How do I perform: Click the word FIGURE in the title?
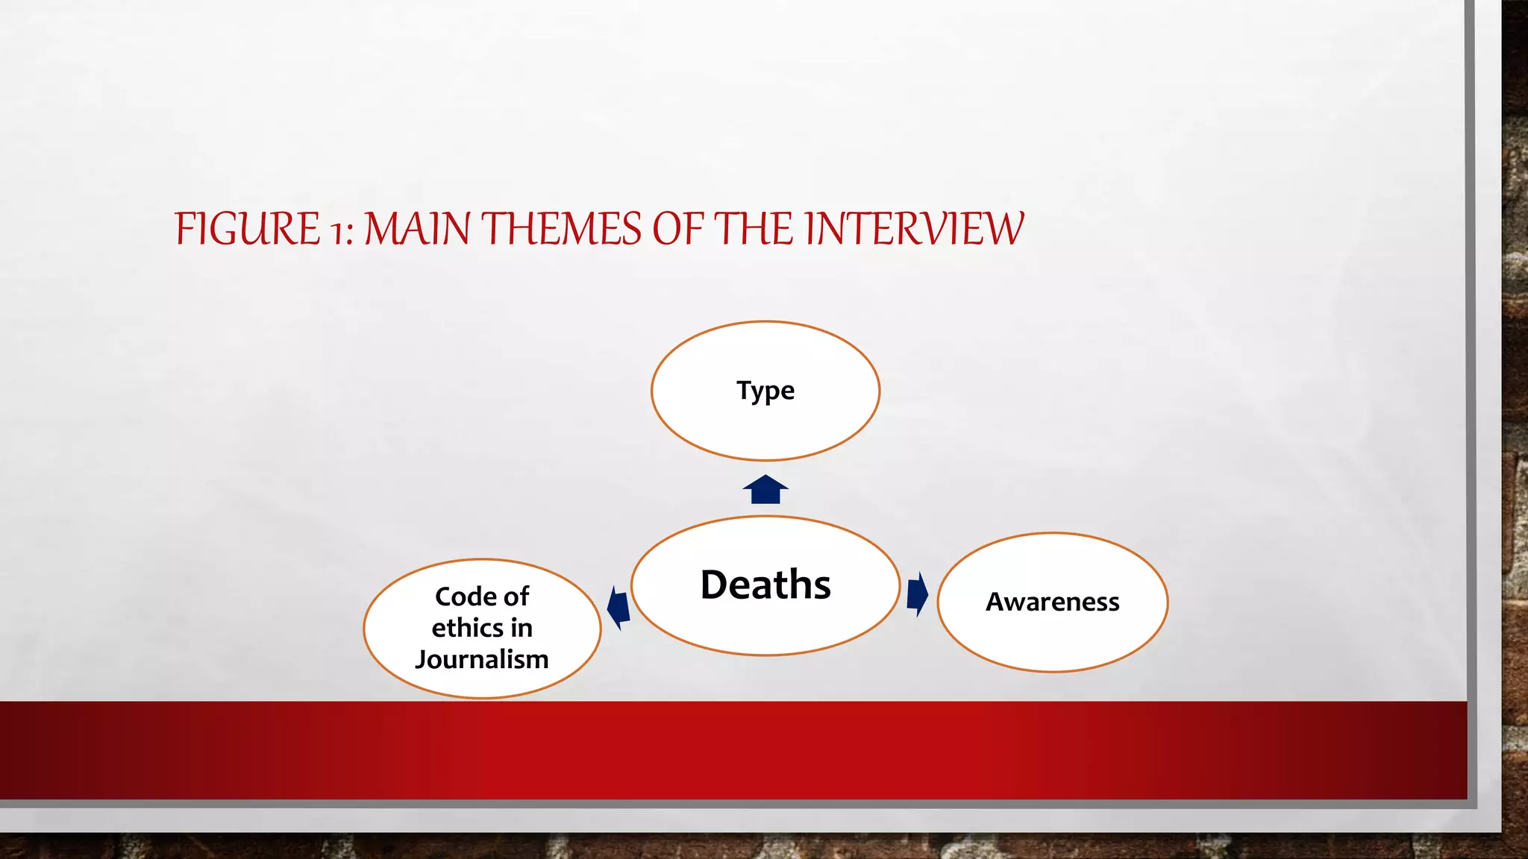tap(247, 229)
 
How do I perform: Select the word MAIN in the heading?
tap(417, 229)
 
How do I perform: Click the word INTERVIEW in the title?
tap(914, 229)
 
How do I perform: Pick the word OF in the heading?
tap(677, 229)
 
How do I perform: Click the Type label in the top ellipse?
tap(765, 391)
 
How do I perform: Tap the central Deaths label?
tap(765, 585)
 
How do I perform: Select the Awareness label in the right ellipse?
tap(1052, 602)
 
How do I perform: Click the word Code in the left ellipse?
tap(466, 597)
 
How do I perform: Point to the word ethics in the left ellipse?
tap(467, 628)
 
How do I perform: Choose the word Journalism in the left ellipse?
tap(482, 659)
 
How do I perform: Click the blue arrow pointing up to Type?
tap(765, 490)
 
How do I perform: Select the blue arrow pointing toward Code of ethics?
tap(619, 607)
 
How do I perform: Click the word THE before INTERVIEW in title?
tap(755, 229)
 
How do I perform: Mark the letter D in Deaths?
tap(718, 585)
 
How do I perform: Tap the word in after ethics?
tap(522, 628)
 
